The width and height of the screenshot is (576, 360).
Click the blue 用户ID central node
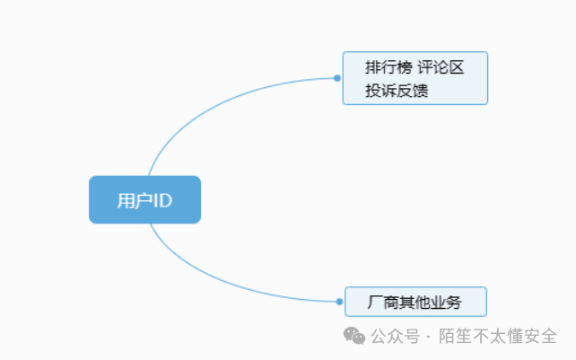[x=144, y=199]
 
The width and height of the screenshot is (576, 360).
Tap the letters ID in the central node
[x=161, y=200]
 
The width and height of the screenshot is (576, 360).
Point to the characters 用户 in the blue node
[x=132, y=200]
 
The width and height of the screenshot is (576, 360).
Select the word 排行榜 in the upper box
[x=384, y=67]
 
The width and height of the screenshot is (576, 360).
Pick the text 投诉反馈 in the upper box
[x=397, y=90]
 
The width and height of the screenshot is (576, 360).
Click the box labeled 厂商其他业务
[x=415, y=302]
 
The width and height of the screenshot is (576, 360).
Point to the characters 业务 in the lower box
[x=446, y=302]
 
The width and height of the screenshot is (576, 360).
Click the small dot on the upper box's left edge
[x=337, y=78]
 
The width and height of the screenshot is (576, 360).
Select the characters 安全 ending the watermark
[x=541, y=337]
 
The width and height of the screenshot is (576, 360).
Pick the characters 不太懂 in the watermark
[x=498, y=337]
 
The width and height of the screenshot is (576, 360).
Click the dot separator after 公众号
[x=428, y=337]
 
